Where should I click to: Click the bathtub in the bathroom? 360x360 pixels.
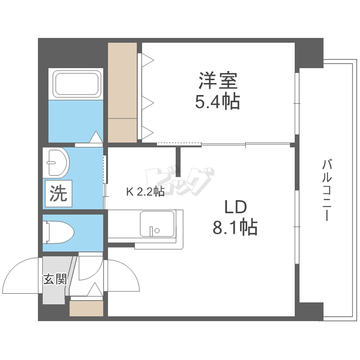(x=77, y=84)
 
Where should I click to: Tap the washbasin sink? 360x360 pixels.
(x=56, y=163)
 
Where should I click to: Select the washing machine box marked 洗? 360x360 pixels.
(x=59, y=193)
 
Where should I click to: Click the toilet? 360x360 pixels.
(x=58, y=232)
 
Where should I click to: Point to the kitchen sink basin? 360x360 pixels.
(x=157, y=224)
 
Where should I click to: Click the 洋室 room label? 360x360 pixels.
(x=217, y=81)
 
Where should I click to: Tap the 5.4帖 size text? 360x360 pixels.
(x=217, y=101)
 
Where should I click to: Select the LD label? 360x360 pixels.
(x=235, y=207)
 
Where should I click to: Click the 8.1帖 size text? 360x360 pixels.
(x=235, y=228)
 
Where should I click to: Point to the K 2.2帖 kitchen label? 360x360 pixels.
(x=145, y=192)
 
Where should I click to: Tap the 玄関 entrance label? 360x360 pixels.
(x=55, y=279)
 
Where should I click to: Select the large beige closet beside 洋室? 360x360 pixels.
(x=122, y=92)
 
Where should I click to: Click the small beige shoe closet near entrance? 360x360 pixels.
(x=86, y=308)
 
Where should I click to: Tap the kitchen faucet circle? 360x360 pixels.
(x=157, y=230)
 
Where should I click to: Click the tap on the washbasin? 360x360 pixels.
(x=51, y=163)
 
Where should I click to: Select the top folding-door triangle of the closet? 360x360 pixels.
(x=148, y=60)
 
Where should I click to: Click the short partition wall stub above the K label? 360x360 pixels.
(x=178, y=162)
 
